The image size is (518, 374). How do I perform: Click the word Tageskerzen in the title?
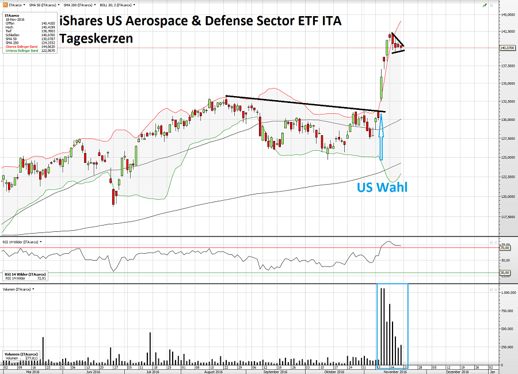pos(96,39)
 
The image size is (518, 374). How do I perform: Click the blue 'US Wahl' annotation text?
pos(382,187)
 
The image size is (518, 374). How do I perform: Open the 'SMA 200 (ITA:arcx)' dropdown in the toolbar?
pos(79,4)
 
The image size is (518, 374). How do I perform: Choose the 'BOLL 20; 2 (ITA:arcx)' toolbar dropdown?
pos(117,4)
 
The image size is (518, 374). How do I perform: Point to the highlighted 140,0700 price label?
pos(506,48)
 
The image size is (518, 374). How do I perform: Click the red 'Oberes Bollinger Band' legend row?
pos(21,47)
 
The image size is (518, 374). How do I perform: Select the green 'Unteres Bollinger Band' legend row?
pos(21,51)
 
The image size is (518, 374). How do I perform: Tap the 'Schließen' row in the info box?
pos(12,35)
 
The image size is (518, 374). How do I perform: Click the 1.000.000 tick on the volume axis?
pos(506,292)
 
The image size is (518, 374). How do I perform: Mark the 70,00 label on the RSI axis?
pos(505,248)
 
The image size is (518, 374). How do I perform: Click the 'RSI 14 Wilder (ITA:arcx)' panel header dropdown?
pos(21,243)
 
